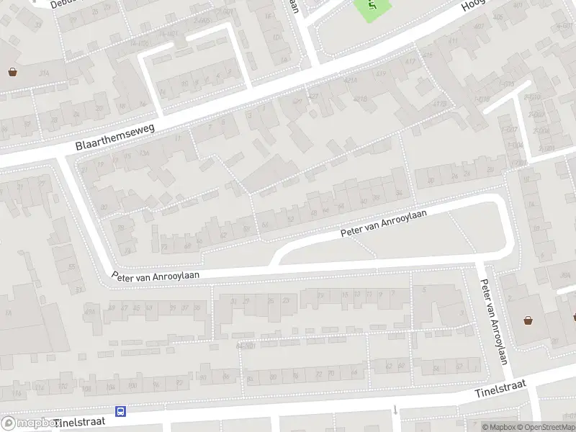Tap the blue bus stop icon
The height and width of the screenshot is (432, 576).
pyautogui.click(x=120, y=411)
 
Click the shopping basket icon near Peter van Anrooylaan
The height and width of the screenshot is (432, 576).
pyautogui.click(x=528, y=320)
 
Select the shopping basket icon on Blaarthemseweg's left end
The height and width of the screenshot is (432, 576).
pyautogui.click(x=12, y=71)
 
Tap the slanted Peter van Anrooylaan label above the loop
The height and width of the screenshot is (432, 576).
pyautogui.click(x=384, y=223)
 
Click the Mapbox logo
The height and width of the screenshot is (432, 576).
pyautogui.click(x=29, y=423)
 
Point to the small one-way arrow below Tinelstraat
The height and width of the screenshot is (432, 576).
pyautogui.click(x=395, y=410)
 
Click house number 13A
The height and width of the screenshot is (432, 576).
pyautogui.click(x=144, y=153)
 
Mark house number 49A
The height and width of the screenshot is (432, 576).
pyautogui.click(x=91, y=310)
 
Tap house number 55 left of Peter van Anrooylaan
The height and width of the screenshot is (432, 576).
pyautogui.click(x=71, y=266)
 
